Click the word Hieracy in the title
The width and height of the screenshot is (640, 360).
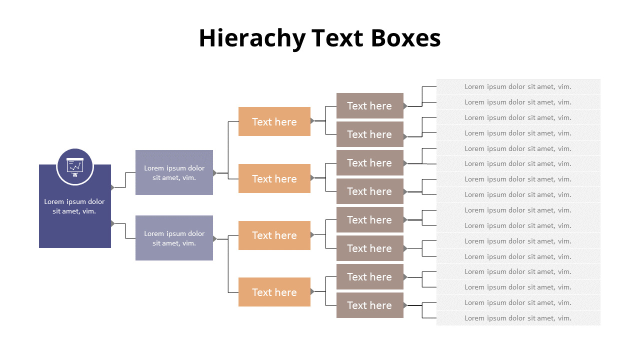tap(251, 38)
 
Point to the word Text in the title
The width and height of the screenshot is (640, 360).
tap(337, 38)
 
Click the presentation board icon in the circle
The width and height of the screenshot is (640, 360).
tap(75, 166)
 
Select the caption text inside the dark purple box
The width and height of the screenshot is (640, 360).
tap(74, 206)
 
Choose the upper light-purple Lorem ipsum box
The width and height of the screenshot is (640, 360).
tap(174, 172)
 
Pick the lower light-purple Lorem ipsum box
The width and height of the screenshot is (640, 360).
tap(174, 238)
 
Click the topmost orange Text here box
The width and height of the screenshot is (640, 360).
tap(274, 121)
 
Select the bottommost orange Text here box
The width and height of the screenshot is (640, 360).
tap(274, 292)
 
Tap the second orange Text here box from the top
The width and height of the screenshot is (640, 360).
tap(274, 178)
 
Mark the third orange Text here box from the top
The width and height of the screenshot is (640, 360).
tap(274, 235)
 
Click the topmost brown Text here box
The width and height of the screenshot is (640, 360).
tap(369, 105)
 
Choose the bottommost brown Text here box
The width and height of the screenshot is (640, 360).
tap(369, 305)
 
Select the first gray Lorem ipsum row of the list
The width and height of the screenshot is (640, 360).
tap(518, 86)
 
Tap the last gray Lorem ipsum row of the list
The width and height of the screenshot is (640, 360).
tap(518, 318)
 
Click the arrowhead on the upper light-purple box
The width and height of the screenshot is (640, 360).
tap(215, 173)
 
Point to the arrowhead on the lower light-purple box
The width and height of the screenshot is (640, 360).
tap(215, 238)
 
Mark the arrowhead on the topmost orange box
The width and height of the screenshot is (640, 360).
tap(312, 120)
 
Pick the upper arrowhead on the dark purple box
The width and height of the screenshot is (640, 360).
tap(112, 187)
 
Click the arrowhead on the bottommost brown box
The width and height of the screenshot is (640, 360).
tap(405, 305)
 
